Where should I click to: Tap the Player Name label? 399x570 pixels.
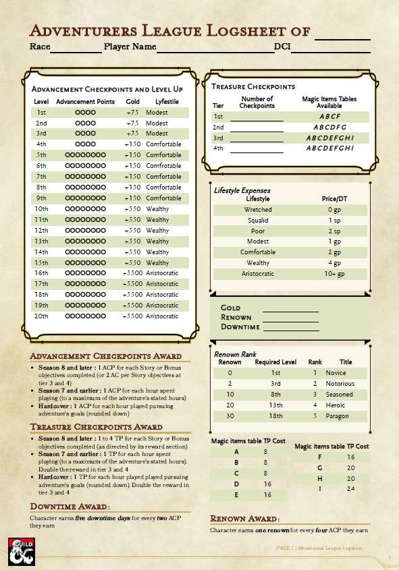tap(130, 47)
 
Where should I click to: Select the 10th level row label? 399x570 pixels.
tap(41, 209)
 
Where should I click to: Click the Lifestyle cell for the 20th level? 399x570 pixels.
tap(162, 316)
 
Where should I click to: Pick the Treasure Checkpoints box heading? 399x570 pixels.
tap(253, 86)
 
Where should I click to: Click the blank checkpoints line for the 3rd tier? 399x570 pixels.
tap(257, 138)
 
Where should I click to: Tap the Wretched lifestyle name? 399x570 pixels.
tap(258, 210)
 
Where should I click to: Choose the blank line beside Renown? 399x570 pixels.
tap(290, 317)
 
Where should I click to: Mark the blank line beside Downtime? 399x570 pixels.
tap(290, 326)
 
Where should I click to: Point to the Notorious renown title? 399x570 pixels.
tap(340, 384)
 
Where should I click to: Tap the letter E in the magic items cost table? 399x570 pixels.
tap(236, 494)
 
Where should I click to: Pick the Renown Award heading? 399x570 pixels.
tap(244, 519)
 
